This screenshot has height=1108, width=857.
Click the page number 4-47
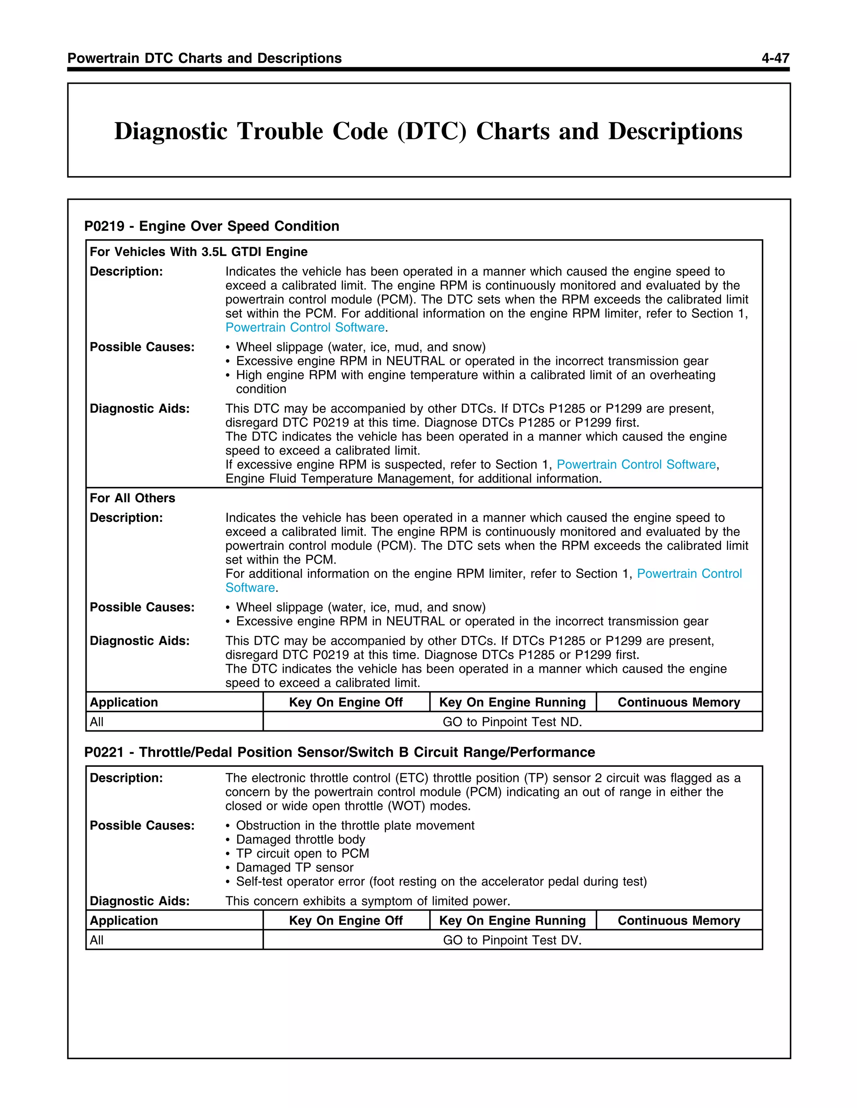[775, 59]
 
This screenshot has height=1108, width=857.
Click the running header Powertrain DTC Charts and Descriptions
[204, 59]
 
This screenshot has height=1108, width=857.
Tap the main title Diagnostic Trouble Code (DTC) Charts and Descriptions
[428, 131]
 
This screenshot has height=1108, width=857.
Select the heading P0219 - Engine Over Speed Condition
[212, 226]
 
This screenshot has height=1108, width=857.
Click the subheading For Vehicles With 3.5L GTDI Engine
[198, 252]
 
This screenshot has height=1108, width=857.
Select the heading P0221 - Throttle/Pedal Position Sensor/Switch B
[339, 752]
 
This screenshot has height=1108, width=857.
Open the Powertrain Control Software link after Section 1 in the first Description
[305, 327]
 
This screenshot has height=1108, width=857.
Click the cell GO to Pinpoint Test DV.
[512, 940]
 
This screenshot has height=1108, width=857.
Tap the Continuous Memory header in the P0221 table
[678, 920]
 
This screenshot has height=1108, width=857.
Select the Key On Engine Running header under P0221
[512, 920]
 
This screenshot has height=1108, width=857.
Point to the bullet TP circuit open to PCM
[302, 853]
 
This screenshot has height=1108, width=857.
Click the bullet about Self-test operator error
[441, 881]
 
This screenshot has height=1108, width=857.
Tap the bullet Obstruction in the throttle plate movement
[354, 825]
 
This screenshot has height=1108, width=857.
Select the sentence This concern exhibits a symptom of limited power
[367, 901]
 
